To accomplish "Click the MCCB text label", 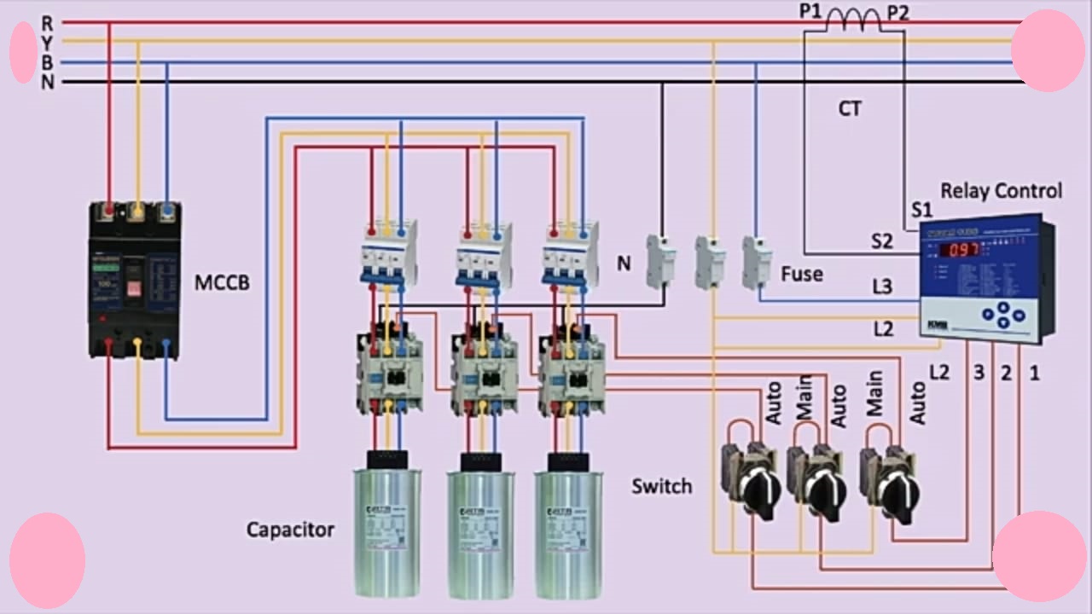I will pyautogui.click(x=222, y=282).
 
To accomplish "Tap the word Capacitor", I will pyautogui.click(x=290, y=530).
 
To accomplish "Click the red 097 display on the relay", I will pyautogui.click(x=959, y=250).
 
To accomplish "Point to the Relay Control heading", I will pyautogui.click(x=1001, y=191).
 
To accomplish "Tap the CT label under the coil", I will pyautogui.click(x=850, y=109).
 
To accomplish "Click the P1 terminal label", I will pyautogui.click(x=810, y=12).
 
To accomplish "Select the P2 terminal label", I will pyautogui.click(x=898, y=12).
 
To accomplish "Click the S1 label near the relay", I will pyautogui.click(x=922, y=210).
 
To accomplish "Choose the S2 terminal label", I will pyautogui.click(x=882, y=241).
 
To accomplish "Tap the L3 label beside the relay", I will pyautogui.click(x=882, y=287).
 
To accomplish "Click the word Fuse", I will pyautogui.click(x=802, y=275).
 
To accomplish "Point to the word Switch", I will pyautogui.click(x=661, y=487).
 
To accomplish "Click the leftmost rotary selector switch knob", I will pyautogui.click(x=758, y=491).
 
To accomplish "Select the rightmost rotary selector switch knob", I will pyautogui.click(x=898, y=493).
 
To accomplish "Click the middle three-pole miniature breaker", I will pyautogui.click(x=484, y=254).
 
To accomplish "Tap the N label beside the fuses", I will pyautogui.click(x=624, y=264).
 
